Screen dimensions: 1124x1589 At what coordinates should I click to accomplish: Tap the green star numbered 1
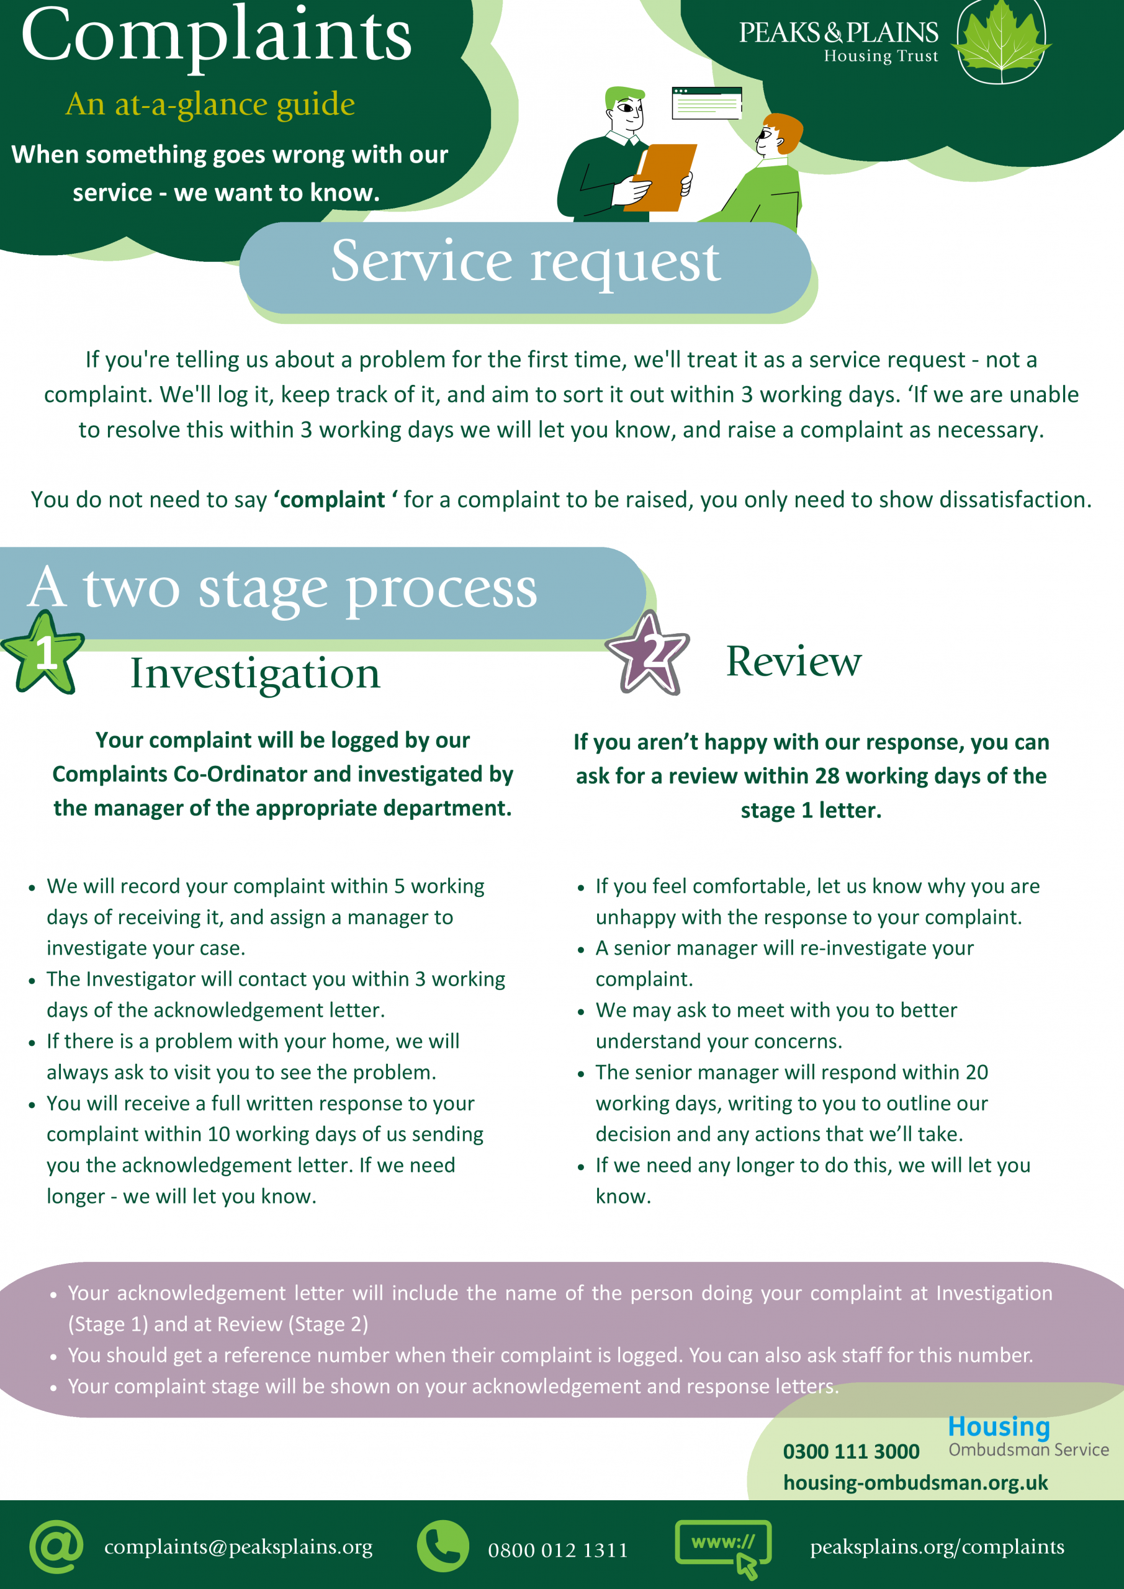click(x=43, y=652)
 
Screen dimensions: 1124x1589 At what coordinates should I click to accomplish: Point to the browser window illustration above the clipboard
click(x=707, y=102)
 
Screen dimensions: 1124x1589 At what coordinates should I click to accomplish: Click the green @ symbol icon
click(x=56, y=1546)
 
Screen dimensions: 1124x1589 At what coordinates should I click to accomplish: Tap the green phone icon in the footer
click(x=443, y=1546)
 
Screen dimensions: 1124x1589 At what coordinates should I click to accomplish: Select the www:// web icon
click(x=722, y=1547)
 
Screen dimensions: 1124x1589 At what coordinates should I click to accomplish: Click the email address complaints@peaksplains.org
click(x=238, y=1547)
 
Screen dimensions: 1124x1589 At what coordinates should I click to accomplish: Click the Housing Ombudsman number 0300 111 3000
click(x=851, y=1451)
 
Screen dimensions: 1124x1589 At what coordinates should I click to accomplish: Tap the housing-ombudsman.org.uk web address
click(x=915, y=1482)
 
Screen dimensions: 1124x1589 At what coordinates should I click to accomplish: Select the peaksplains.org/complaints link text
click(x=937, y=1547)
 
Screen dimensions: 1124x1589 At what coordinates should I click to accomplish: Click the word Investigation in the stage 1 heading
click(x=255, y=673)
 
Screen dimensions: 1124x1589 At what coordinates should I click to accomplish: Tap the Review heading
click(x=793, y=661)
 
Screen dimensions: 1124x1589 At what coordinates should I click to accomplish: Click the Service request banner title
click(x=525, y=261)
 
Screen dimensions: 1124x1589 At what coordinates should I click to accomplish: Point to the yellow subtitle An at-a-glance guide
click(x=210, y=104)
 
